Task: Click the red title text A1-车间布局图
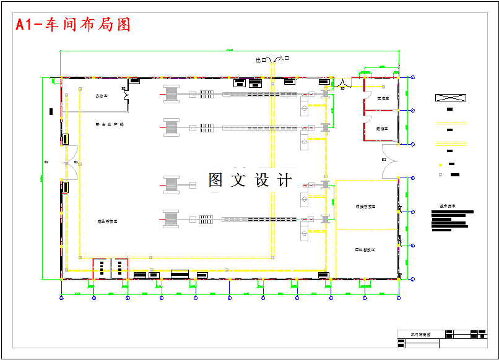[x=73, y=25]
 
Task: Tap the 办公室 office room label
[x=102, y=96]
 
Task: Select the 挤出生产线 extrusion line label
[x=110, y=124]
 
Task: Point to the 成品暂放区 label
[x=107, y=221]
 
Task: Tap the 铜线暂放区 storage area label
[x=365, y=206]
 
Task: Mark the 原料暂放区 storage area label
[x=365, y=250]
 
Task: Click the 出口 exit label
[x=261, y=60]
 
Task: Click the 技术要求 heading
[x=447, y=206]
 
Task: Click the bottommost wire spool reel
[x=171, y=219]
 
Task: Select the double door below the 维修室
[x=390, y=160]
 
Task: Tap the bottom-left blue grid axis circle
[x=61, y=298]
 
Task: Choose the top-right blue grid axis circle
[x=413, y=77]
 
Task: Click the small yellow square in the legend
[x=440, y=165]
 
